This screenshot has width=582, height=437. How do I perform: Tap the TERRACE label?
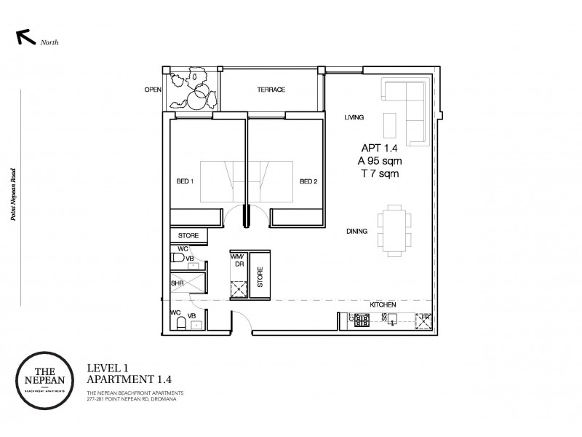pos(270,90)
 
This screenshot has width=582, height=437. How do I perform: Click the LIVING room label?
pos(354,117)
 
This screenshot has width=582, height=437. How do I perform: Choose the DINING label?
pos(356,231)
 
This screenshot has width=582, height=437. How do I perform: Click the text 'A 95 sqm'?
pos(375,162)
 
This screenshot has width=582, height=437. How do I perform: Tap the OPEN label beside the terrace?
pos(152,90)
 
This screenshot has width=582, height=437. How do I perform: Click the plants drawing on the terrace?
pos(194,89)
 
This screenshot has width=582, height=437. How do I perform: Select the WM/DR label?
pos(237,261)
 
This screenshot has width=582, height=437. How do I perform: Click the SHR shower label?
pos(177,283)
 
